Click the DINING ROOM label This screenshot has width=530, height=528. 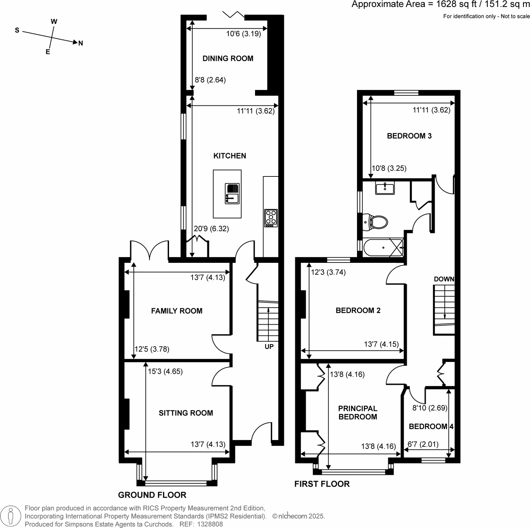click(x=228, y=58)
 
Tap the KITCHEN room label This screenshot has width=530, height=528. click(x=229, y=156)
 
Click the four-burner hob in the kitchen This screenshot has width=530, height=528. click(x=271, y=217)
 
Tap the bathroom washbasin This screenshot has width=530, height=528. click(x=385, y=188)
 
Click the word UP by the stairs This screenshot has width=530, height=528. click(x=269, y=347)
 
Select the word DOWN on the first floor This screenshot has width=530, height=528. click(x=444, y=279)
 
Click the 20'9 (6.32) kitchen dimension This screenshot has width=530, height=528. click(x=211, y=229)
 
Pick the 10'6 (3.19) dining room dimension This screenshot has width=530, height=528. click(x=243, y=34)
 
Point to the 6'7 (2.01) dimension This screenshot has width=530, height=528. click(x=423, y=444)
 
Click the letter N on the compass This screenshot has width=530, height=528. click(x=80, y=43)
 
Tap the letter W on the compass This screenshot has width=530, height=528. click(x=54, y=22)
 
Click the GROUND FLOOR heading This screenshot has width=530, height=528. click(x=152, y=495)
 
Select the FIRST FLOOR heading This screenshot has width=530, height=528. click(x=322, y=484)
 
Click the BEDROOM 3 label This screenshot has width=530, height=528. click(x=409, y=136)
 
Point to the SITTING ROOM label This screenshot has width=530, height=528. click(x=186, y=413)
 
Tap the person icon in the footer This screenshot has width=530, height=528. click(x=11, y=516)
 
